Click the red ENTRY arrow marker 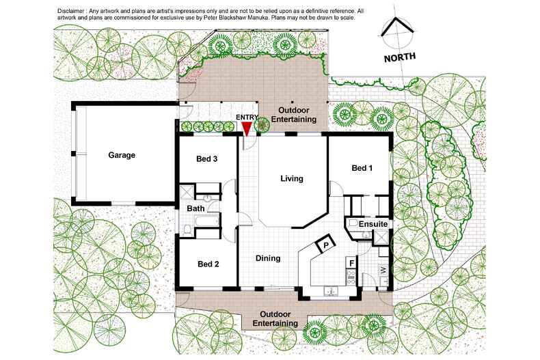pyautogui.click(x=247, y=129)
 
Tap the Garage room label pyautogui.click(x=122, y=155)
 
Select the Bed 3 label pyautogui.click(x=206, y=158)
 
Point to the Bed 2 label pyautogui.click(x=208, y=264)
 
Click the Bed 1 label pyautogui.click(x=362, y=168)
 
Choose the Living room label pyautogui.click(x=292, y=178)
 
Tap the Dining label pyautogui.click(x=268, y=258)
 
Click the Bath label pyautogui.click(x=195, y=208)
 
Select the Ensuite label pyautogui.click(x=373, y=224)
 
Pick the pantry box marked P pyautogui.click(x=325, y=244)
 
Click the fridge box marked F pyautogui.click(x=351, y=263)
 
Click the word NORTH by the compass pyautogui.click(x=399, y=57)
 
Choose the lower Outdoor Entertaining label pyautogui.click(x=275, y=319)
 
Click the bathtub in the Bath pyautogui.click(x=206, y=220)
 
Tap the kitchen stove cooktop pyautogui.click(x=351, y=277)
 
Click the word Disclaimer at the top pyautogui.click(x=68, y=11)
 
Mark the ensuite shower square pyautogui.click(x=380, y=238)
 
